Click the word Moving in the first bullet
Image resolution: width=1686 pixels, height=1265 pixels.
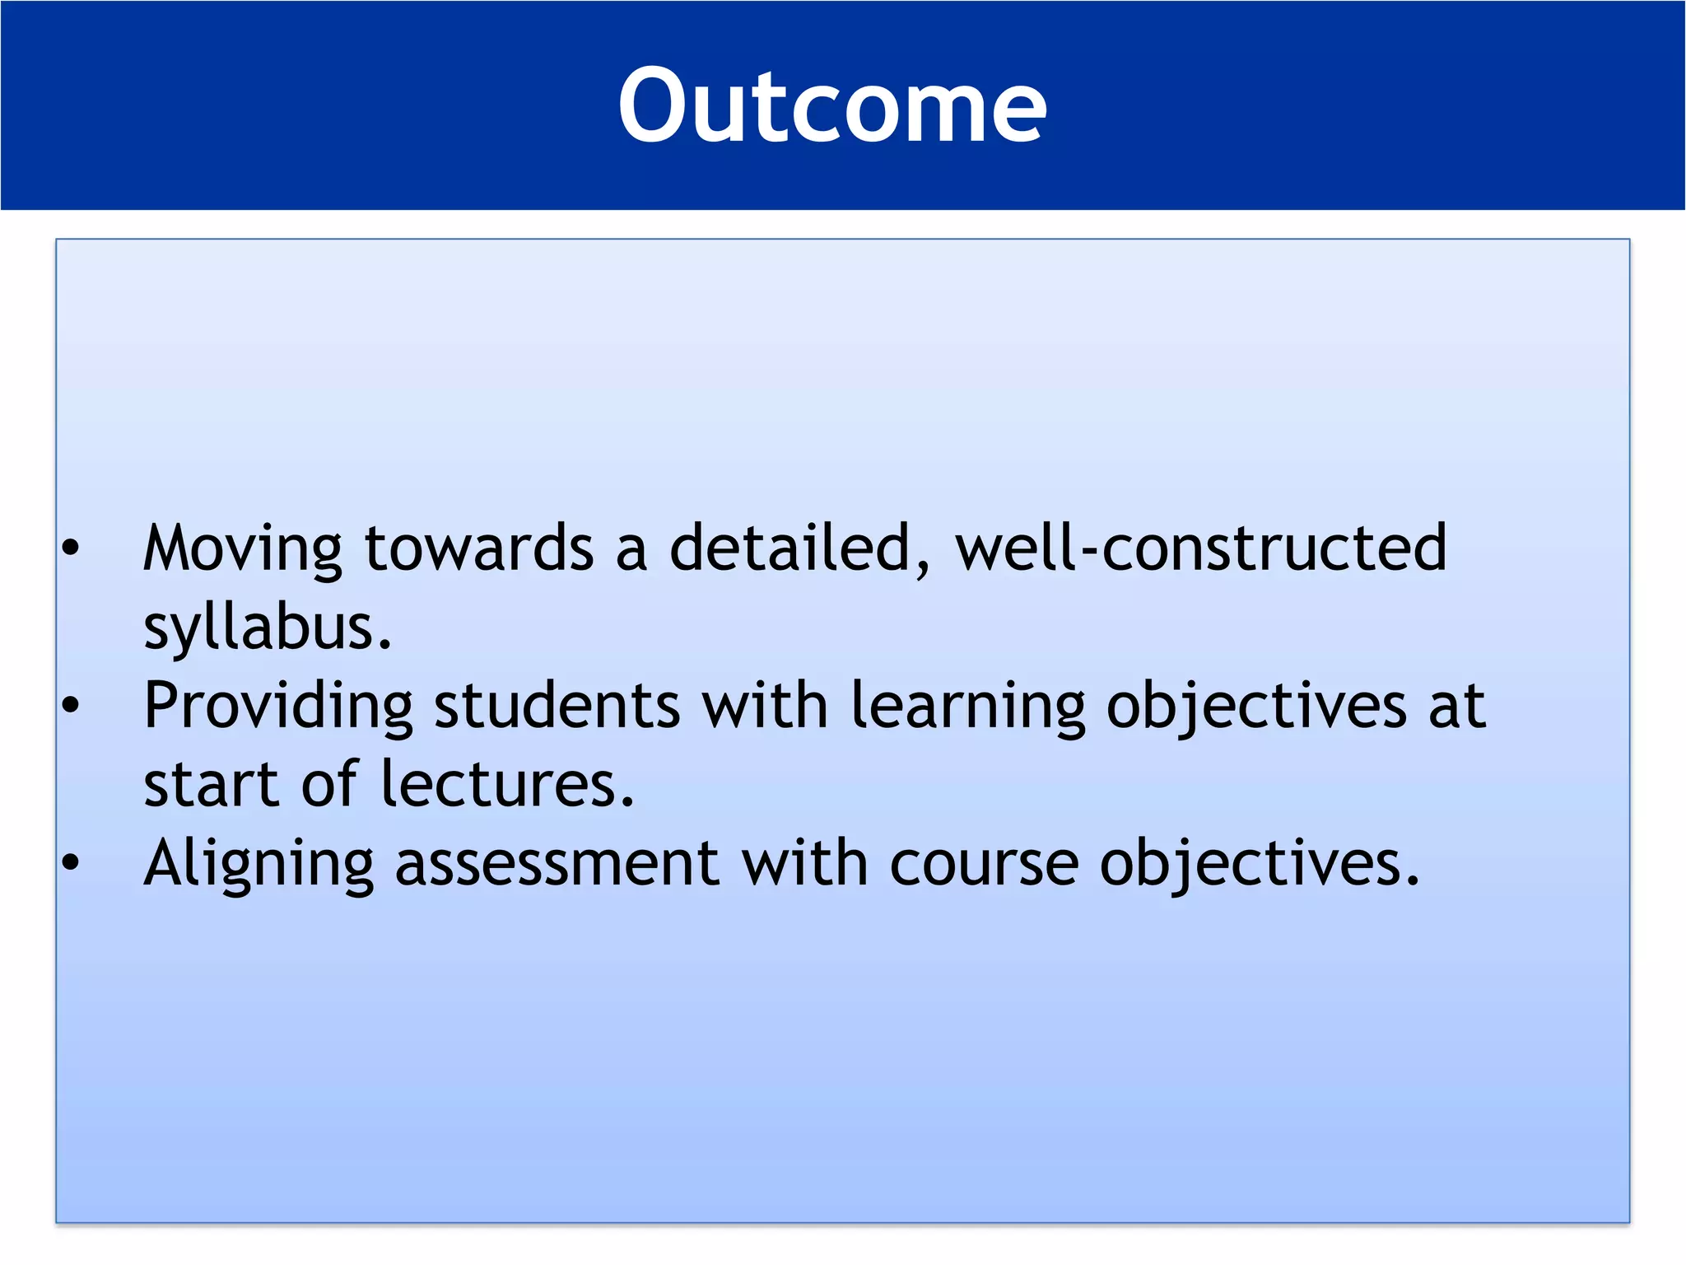tap(242, 548)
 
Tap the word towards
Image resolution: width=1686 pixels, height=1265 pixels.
tap(478, 548)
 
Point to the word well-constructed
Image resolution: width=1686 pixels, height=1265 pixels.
tap(1200, 548)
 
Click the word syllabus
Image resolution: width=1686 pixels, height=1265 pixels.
tap(268, 628)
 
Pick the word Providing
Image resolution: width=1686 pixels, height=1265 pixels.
tap(277, 707)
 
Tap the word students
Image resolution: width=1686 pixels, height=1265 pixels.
tap(557, 707)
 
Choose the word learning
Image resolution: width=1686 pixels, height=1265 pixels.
tap(967, 707)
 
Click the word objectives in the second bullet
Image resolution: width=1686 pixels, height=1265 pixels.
tap(1255, 707)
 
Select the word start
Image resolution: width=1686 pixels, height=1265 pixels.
tap(211, 785)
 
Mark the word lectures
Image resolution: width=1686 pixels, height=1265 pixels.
tap(507, 785)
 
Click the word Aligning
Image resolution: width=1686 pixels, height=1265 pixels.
tap(258, 864)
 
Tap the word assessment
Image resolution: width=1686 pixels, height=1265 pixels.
tap(557, 864)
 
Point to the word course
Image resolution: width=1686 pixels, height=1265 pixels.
tap(983, 864)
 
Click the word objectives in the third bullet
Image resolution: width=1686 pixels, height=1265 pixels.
tap(1260, 864)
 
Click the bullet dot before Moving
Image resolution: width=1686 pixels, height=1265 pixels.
tap(71, 548)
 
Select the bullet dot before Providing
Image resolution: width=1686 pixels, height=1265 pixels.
tap(71, 705)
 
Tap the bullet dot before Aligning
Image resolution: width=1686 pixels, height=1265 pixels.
tap(71, 862)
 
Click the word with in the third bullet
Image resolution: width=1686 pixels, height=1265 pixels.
tap(804, 864)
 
